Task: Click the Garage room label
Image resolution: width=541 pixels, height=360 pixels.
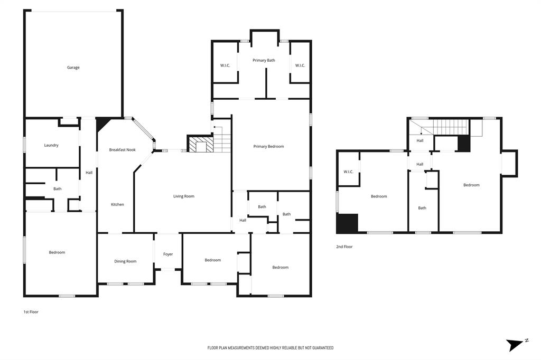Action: click(73, 68)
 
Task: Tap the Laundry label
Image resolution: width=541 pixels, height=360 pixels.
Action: click(51, 145)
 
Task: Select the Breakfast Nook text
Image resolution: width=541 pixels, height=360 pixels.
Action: click(122, 150)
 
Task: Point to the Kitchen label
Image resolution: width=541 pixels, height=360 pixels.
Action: click(117, 204)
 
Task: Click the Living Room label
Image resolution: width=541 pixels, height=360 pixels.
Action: click(184, 196)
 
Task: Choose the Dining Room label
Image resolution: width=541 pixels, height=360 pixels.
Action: click(125, 261)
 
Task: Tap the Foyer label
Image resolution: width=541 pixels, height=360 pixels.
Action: click(168, 254)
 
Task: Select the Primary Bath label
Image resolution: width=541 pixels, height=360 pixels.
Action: click(264, 61)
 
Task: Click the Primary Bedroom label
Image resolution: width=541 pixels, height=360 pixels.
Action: click(268, 146)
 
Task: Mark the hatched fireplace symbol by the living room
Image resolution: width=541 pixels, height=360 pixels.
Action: click(200, 145)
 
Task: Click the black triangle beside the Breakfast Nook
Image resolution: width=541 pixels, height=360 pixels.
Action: click(101, 125)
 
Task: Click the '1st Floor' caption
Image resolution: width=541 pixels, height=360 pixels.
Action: click(31, 312)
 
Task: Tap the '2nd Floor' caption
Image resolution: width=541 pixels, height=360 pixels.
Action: click(344, 247)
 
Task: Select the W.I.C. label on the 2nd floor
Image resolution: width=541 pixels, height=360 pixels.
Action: click(348, 172)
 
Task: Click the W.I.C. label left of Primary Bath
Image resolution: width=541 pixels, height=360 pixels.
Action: click(225, 65)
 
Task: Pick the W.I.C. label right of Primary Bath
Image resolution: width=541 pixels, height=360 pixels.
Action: click(300, 65)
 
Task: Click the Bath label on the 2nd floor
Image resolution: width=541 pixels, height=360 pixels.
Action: click(422, 208)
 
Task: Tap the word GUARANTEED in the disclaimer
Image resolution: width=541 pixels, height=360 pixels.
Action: click(321, 348)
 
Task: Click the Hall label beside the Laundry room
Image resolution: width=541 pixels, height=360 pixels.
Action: click(89, 172)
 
